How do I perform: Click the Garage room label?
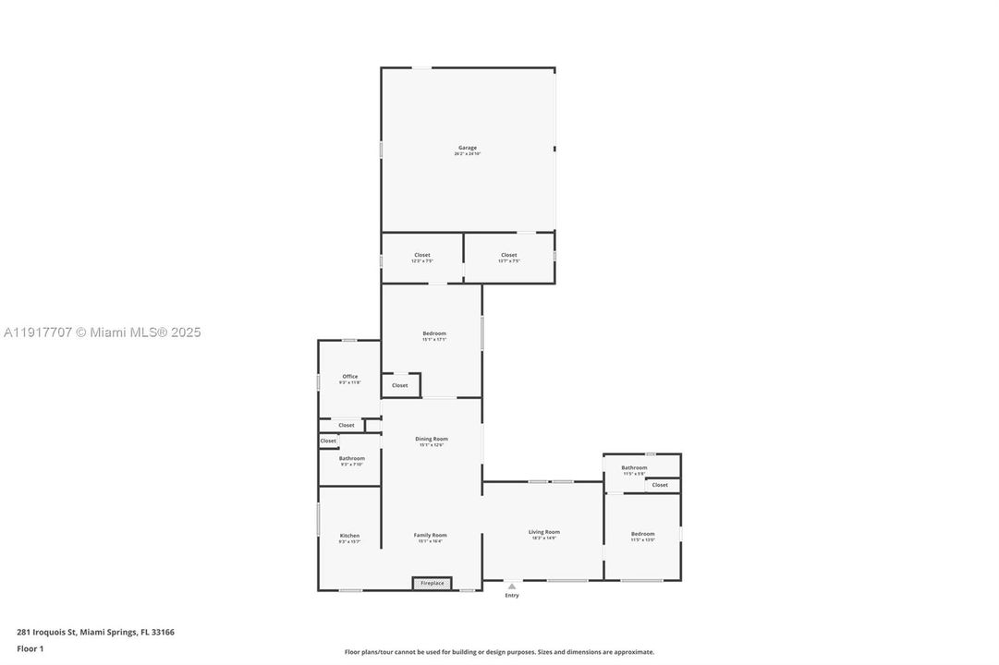[468, 148]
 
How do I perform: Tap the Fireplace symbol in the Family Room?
[432, 583]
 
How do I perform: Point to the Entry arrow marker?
[512, 586]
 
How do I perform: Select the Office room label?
[350, 377]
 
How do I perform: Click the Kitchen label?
[349, 537]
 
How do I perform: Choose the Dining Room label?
[432, 440]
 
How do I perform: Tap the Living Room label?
[544, 532]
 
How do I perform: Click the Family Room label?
[431, 536]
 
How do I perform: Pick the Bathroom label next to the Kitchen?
[351, 459]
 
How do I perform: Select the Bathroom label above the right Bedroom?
[634, 468]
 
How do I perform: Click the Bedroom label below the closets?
[434, 333]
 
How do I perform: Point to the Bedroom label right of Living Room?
[643, 534]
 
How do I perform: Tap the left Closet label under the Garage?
[422, 256]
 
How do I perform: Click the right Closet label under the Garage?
[509, 256]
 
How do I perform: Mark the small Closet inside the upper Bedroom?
[400, 385]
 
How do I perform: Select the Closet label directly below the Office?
[347, 425]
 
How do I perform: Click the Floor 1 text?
[30, 648]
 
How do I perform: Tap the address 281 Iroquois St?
[95, 633]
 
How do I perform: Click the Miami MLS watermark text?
[102, 332]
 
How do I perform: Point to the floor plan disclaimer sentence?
[499, 652]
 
